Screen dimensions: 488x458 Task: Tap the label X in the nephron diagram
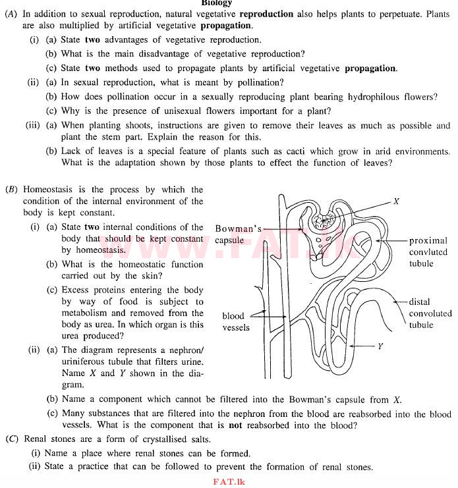pos(396,202)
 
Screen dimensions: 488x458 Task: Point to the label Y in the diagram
pos(380,346)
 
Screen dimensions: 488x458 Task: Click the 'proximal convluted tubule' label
pos(428,252)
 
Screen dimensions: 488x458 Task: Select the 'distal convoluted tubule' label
pos(430,313)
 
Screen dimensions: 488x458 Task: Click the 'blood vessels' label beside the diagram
pos(236,322)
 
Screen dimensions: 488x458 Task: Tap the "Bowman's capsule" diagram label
pos(238,234)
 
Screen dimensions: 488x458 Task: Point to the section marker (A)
pos(11,14)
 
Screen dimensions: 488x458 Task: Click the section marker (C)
pos(11,439)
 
